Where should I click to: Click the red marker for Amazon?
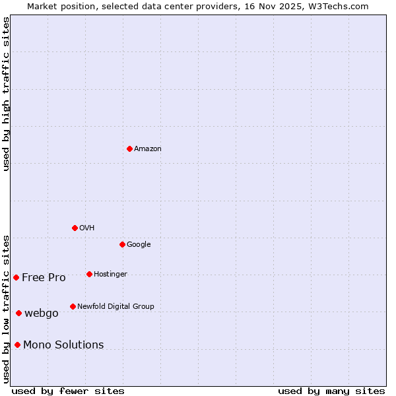(129, 148)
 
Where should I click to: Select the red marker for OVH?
(75, 228)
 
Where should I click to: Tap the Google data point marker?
(122, 244)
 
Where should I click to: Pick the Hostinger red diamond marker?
(89, 274)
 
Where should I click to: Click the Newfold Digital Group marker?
(73, 306)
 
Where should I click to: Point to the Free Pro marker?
(16, 277)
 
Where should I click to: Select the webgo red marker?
(18, 313)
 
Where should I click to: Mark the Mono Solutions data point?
(17, 345)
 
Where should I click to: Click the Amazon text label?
(148, 148)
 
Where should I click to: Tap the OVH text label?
(87, 228)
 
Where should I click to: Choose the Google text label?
(139, 244)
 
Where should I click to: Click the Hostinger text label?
(110, 274)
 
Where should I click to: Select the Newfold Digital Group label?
(115, 306)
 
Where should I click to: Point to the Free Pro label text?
(44, 277)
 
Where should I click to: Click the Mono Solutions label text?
(63, 345)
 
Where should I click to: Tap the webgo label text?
(42, 313)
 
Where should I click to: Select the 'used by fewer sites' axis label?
(68, 391)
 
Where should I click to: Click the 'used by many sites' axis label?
(331, 391)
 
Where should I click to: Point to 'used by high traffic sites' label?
(6, 94)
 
